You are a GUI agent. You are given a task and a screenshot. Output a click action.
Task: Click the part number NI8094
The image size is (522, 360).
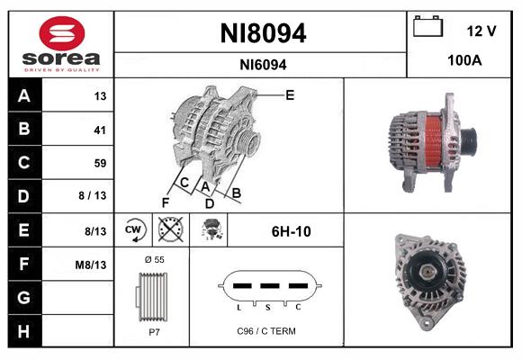click(263, 34)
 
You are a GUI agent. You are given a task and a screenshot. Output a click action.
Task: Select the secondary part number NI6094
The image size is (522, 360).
click(263, 65)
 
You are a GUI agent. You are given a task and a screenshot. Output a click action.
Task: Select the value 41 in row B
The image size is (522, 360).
click(100, 130)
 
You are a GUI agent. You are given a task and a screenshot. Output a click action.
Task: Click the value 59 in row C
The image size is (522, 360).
click(100, 163)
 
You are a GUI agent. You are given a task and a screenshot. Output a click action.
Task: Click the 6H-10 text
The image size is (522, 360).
click(291, 231)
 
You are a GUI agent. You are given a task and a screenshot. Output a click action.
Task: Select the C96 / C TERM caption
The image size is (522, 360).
click(265, 331)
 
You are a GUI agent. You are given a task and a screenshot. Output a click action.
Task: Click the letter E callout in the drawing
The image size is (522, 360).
click(290, 94)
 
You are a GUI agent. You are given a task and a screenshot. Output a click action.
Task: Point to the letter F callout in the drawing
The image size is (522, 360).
click(165, 202)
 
